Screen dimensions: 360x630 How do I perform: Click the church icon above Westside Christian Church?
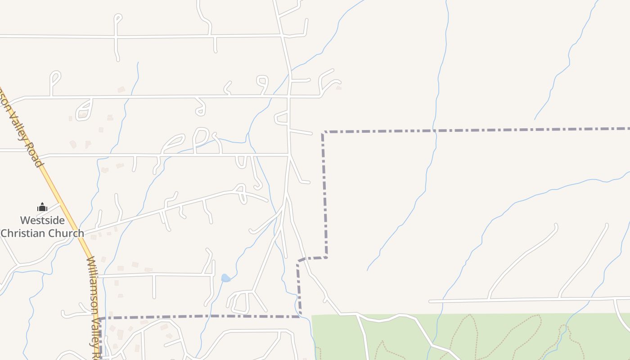pyautogui.click(x=42, y=207)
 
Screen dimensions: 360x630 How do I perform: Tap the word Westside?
pyautogui.click(x=42, y=220)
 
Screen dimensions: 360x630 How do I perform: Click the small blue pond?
pyautogui.click(x=225, y=279)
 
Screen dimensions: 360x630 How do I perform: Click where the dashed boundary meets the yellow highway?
pyautogui.click(x=100, y=319)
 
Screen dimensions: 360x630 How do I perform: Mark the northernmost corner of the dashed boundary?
pyautogui.click(x=323, y=132)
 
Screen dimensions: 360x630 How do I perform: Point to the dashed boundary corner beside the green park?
pyautogui.click(x=300, y=316)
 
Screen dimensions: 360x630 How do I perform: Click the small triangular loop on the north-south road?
pyautogui.click(x=282, y=118)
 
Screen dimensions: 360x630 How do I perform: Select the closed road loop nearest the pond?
pyautogui.click(x=241, y=302)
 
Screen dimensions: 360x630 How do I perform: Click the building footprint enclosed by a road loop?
pyautogui.click(x=83, y=114)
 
